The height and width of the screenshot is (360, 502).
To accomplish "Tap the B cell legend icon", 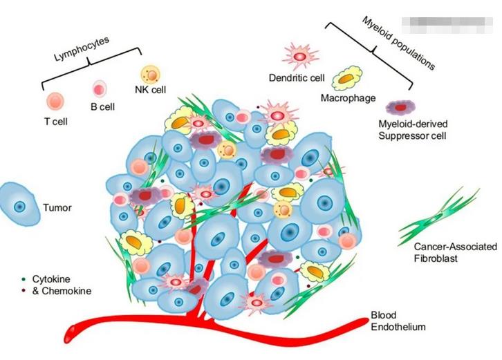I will tap(100, 88).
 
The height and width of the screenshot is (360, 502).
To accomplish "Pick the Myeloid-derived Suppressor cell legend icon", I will tap(400, 107).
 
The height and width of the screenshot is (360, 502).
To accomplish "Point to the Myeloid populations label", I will tap(399, 43).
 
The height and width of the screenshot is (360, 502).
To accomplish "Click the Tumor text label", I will tap(57, 207).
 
